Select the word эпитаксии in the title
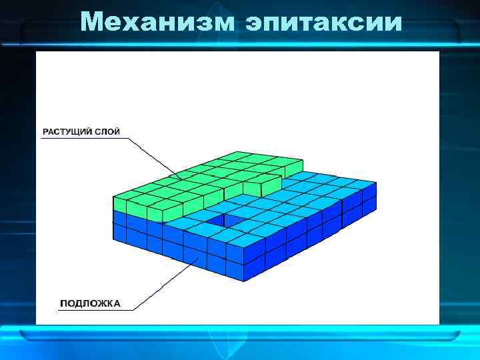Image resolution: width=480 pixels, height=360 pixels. tap(323, 23)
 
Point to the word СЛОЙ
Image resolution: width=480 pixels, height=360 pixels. tap(107, 132)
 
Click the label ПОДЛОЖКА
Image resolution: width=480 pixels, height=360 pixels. tap(90, 303)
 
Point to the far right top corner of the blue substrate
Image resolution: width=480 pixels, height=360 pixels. tap(376, 183)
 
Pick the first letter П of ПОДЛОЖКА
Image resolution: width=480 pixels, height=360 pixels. tap(64, 303)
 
